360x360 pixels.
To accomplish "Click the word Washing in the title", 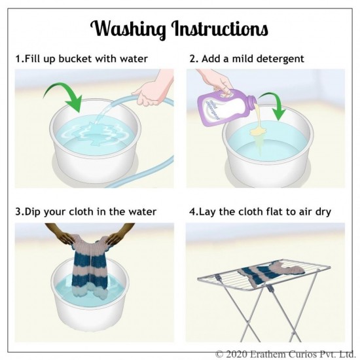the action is click(128, 29).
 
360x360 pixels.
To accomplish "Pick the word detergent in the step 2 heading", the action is click(280, 59).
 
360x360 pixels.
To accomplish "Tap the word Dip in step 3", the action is click(33, 212).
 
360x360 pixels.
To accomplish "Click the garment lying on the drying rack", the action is click(271, 273).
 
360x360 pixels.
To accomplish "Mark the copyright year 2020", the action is click(236, 353).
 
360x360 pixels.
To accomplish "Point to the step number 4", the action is click(192, 211).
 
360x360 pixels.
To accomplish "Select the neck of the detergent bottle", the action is click(251, 101).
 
